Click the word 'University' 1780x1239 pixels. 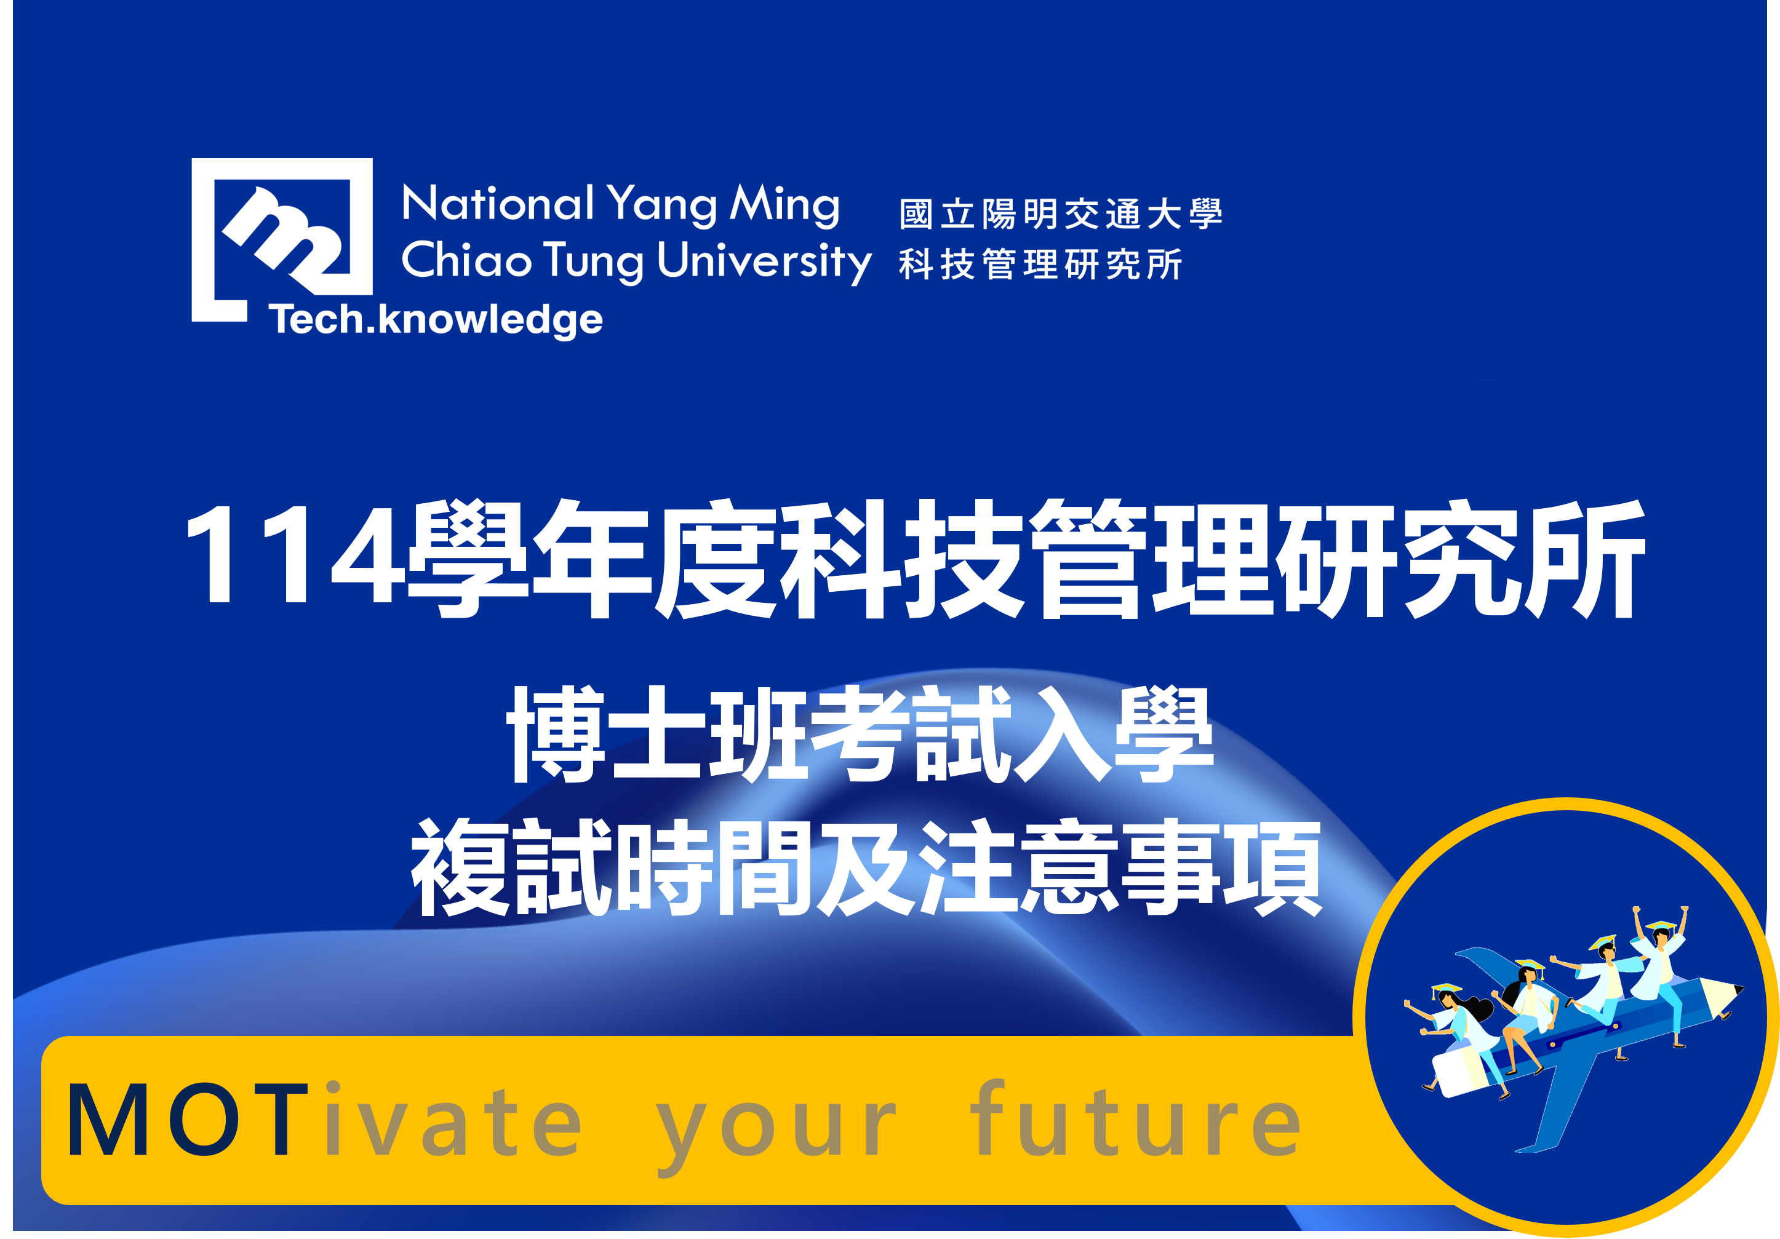pos(764,262)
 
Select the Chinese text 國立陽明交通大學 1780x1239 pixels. pos(1061,214)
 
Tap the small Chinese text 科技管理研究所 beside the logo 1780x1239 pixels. pos(1040,265)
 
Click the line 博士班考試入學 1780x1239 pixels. pos(861,735)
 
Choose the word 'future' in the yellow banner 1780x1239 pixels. pos(1136,1118)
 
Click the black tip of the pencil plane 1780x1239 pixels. pos(1739,990)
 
